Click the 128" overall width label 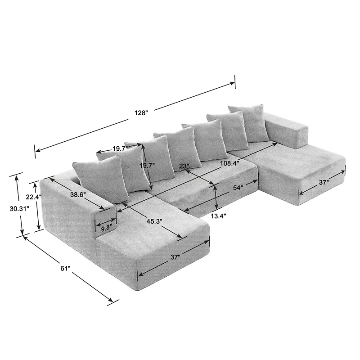click(141, 113)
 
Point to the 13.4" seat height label click(219, 216)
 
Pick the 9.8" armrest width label click(106, 228)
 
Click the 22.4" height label click(33, 197)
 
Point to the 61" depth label click(65, 268)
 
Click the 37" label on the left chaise click(175, 257)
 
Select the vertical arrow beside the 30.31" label click(19, 204)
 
